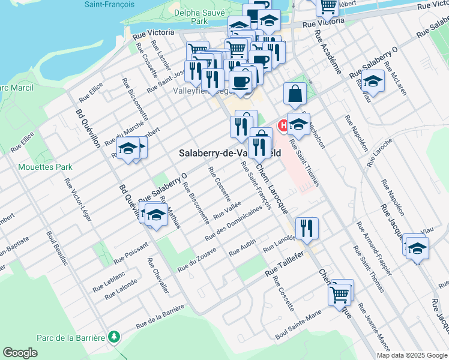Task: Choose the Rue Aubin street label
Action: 242,248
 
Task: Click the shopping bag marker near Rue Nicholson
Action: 295,94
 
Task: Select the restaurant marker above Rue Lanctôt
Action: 307,227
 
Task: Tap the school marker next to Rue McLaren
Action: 373,81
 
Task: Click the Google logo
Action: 20,352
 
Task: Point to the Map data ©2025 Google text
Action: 412,355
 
